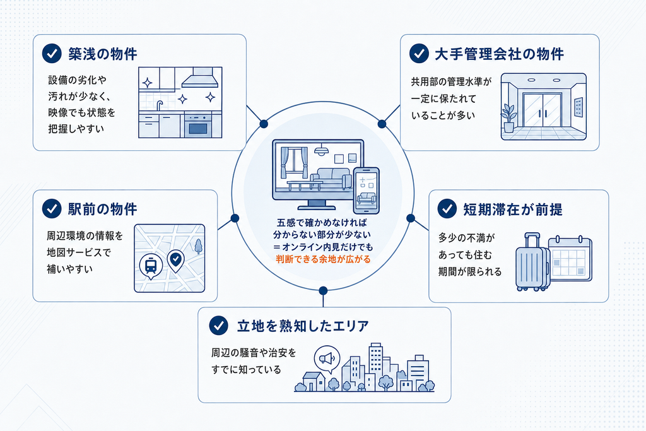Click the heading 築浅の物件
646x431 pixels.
coord(103,54)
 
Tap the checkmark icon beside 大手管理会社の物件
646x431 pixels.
coord(419,54)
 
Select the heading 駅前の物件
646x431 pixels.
coord(103,209)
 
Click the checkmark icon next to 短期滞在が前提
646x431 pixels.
coord(447,209)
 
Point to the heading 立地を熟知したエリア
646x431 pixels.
coord(303,326)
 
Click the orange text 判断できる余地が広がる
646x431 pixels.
coord(323,259)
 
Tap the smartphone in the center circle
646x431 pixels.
coord(367,191)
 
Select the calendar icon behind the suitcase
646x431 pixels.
coord(570,258)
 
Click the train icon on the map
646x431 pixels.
coord(151,266)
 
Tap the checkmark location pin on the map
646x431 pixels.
coord(176,261)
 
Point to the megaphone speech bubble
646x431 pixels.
coord(327,359)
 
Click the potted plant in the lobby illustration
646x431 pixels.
coord(509,118)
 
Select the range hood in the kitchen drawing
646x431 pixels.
coord(200,78)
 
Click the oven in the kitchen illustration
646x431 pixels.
coord(197,126)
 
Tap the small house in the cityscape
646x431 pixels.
coord(314,382)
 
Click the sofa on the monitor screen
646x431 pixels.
coord(331,178)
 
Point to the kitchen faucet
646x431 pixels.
coord(160,105)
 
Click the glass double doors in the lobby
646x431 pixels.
coord(542,110)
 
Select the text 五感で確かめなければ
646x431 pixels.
coord(322,223)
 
